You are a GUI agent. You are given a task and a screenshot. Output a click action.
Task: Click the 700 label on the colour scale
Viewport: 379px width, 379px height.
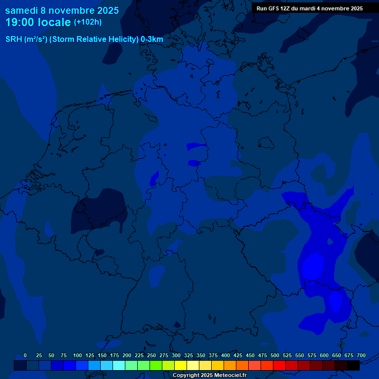pyautogui.click(x=361, y=355)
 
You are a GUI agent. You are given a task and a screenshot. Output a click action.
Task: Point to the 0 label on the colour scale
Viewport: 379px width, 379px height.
pyautogui.click(x=25, y=355)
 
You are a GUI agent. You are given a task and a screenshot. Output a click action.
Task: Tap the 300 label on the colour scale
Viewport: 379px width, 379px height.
pyautogui.click(x=176, y=355)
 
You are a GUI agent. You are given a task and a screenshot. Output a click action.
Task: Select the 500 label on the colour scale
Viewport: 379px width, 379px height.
pyautogui.click(x=275, y=355)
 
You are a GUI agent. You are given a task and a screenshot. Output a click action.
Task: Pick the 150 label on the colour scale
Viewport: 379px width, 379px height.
pyautogui.click(x=102, y=355)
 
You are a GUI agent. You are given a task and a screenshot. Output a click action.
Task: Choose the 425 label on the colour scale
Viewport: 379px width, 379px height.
pyautogui.click(x=238, y=355)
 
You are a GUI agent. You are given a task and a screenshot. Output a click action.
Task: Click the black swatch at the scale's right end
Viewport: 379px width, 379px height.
pyautogui.click(x=353, y=366)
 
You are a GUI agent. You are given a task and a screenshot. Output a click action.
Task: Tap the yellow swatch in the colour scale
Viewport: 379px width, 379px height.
pyautogui.click(x=181, y=366)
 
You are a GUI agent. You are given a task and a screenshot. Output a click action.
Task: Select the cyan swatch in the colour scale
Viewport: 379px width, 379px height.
pyautogui.click(x=119, y=366)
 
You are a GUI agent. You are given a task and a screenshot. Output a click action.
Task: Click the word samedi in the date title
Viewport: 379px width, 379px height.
pyautogui.click(x=22, y=10)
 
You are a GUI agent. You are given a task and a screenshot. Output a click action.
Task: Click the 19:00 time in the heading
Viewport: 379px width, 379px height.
pyautogui.click(x=19, y=22)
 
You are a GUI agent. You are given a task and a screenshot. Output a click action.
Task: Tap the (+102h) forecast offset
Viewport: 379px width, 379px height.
pyautogui.click(x=88, y=22)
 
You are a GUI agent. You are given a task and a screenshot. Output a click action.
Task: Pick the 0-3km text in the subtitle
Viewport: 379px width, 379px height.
pyautogui.click(x=152, y=39)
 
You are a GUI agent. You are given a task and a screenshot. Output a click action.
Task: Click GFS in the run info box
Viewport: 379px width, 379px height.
pyautogui.click(x=274, y=8)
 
